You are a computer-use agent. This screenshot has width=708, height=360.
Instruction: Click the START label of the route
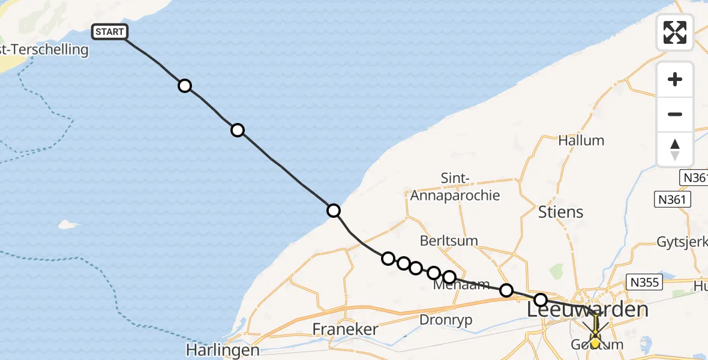tap(109, 32)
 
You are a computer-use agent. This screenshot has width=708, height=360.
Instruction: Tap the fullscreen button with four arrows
tap(675, 32)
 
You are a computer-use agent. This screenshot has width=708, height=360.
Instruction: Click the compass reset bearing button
tap(675, 149)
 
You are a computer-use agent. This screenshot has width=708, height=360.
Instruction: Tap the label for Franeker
tap(346, 329)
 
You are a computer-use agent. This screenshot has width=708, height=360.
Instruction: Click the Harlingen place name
tap(223, 350)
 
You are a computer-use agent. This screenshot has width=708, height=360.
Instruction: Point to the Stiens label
tap(560, 212)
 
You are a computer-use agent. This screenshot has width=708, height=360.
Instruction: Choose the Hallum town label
tap(581, 140)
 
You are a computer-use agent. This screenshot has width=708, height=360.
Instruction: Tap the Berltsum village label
tap(449, 241)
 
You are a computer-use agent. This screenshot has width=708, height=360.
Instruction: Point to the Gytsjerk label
tap(682, 242)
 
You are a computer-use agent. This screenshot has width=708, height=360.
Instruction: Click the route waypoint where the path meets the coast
tap(334, 211)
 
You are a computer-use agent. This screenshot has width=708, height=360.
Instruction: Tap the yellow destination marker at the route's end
tap(595, 342)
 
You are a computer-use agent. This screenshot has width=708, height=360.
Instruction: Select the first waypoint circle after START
tap(185, 86)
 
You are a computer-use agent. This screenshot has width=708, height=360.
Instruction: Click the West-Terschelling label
tap(44, 50)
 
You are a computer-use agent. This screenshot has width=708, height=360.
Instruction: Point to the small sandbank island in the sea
tap(68, 225)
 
